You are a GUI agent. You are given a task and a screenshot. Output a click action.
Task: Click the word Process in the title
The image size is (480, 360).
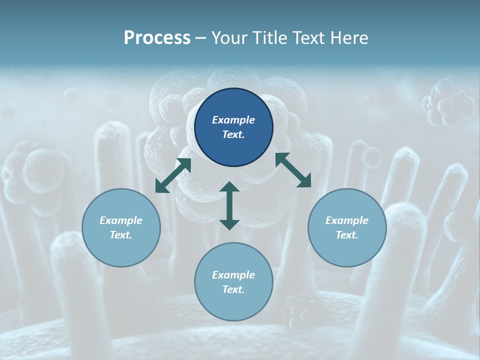coord(157,38)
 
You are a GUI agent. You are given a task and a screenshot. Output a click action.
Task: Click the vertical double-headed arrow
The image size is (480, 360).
coord(229,205)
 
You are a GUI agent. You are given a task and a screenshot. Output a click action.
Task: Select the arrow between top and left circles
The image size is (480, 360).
coord(173,175)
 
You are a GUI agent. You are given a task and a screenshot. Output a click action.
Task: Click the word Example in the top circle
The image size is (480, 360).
coord(233,120)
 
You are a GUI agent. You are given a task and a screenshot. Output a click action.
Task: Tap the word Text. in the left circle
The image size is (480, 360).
coord(121,235)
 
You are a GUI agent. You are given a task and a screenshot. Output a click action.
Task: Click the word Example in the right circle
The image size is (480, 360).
coord(347,220)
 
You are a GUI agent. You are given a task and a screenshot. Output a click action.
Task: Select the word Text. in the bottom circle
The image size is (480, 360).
coord(233,289)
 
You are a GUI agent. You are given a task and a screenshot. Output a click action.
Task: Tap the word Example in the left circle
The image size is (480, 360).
coord(121,220)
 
